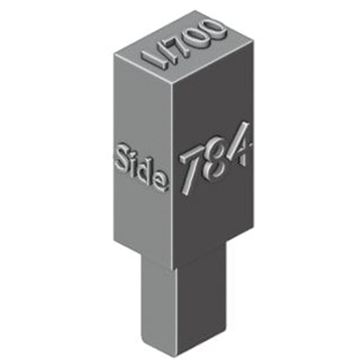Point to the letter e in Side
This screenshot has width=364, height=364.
(161, 182)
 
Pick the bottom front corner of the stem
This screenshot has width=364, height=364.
(176, 355)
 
